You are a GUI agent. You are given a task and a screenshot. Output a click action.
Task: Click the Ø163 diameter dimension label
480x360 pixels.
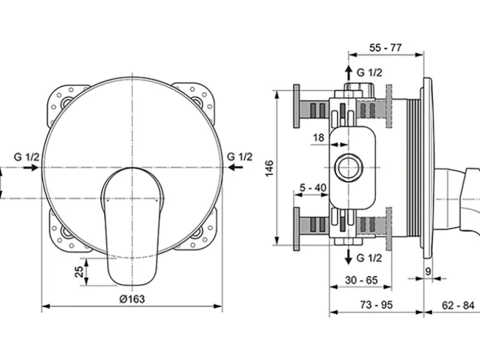tap(132, 298)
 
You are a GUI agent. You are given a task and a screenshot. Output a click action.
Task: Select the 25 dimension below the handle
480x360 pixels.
tap(79, 272)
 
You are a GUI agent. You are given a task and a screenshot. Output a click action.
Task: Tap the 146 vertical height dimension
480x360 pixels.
tap(270, 168)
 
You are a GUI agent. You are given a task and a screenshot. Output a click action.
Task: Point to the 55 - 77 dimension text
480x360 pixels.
tap(385, 48)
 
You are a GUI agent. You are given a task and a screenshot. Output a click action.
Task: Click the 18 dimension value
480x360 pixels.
tap(319, 138)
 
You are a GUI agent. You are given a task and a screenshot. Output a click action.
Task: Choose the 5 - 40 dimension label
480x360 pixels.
tap(313, 187)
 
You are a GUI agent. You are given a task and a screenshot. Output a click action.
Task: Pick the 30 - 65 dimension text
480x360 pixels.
tap(361, 280)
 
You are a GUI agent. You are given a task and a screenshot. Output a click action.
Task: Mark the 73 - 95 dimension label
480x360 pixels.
tap(377, 305)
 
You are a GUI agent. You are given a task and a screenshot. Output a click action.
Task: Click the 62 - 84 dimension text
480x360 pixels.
tap(458, 305)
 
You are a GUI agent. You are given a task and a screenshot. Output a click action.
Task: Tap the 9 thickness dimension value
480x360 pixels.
tap(428, 272)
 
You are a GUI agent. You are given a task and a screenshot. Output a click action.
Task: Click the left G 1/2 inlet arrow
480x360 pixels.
tap(31, 168)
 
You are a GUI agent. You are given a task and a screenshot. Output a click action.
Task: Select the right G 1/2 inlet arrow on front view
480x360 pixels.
tap(236, 167)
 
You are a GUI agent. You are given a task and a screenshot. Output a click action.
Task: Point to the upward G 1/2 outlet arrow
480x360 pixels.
tap(348, 72)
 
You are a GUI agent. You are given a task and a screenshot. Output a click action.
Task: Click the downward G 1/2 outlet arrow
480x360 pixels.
tap(348, 257)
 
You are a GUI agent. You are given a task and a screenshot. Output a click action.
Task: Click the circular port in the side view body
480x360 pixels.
tap(348, 168)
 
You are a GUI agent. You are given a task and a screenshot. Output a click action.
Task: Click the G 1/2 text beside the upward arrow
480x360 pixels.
tap(370, 73)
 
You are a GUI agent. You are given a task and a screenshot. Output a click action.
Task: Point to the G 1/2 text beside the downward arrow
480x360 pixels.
tap(370, 258)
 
